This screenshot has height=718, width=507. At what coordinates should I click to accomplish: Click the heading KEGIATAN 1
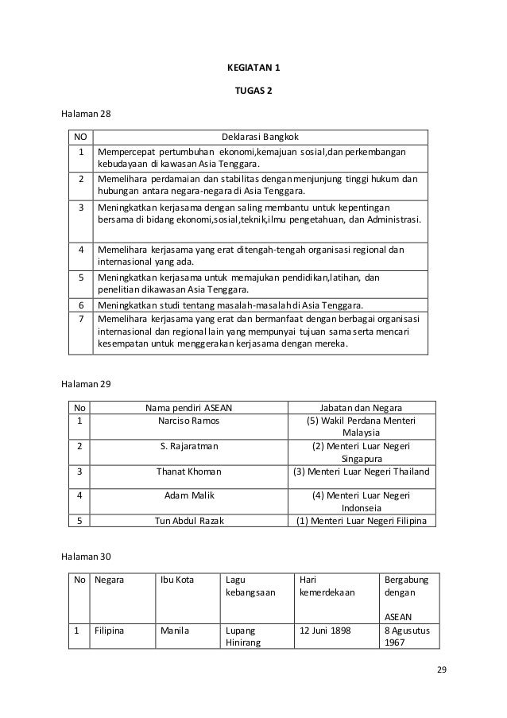(x=253, y=68)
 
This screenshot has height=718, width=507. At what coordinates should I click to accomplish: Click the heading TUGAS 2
(x=253, y=91)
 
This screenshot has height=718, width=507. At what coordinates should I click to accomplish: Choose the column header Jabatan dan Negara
(x=361, y=409)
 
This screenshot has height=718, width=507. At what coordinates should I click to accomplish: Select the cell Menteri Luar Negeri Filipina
(x=361, y=522)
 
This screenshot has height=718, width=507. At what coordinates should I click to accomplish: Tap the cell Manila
(x=174, y=630)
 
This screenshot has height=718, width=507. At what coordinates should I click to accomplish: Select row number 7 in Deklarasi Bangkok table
(x=80, y=318)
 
